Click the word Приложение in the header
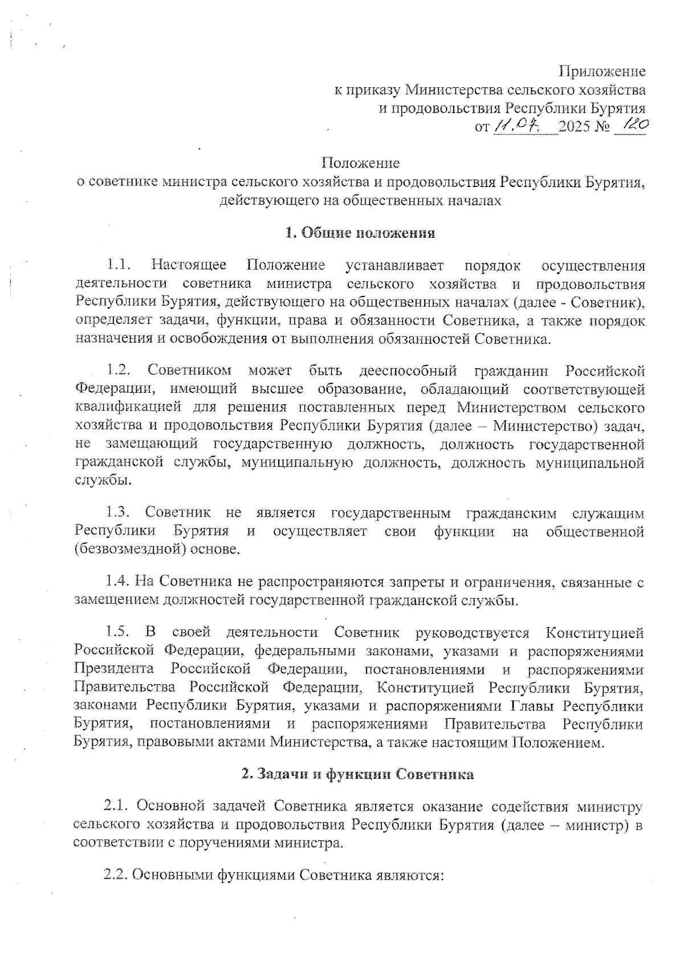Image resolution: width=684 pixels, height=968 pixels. (602, 71)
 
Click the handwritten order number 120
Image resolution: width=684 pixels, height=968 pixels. (633, 124)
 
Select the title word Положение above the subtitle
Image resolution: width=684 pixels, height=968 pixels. (360, 163)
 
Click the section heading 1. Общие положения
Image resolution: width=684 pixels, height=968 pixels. (360, 233)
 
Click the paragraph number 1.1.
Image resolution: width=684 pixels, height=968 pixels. (119, 265)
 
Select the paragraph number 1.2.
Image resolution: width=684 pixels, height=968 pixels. (119, 371)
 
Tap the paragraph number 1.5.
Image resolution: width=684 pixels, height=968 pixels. (118, 632)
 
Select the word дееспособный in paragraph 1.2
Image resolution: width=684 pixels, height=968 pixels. (408, 371)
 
